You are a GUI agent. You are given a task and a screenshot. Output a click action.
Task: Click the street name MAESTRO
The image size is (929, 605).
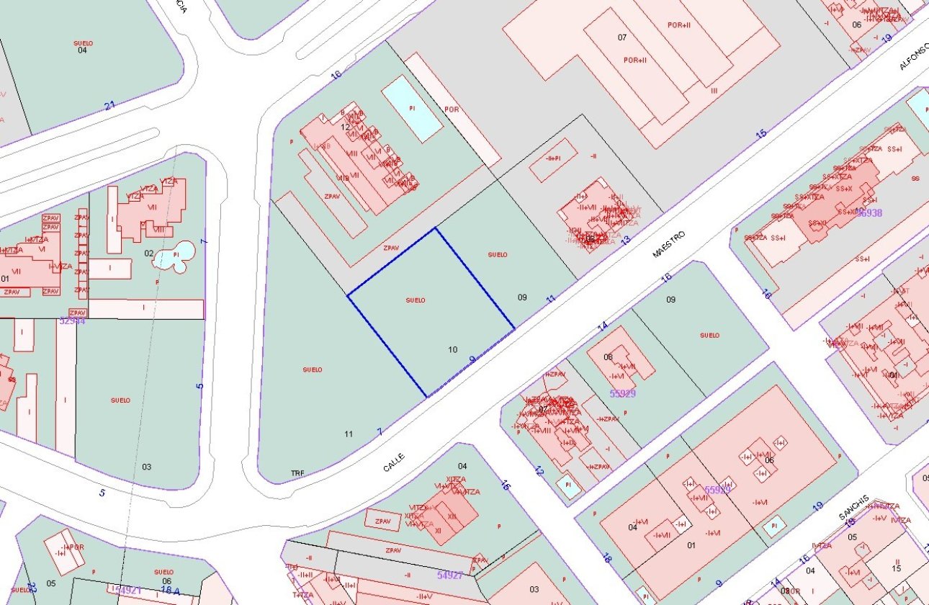click(x=668, y=245)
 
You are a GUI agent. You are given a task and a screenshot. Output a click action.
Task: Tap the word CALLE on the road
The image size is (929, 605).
click(x=393, y=462)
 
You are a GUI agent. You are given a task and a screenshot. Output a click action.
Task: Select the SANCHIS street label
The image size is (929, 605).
click(x=853, y=508)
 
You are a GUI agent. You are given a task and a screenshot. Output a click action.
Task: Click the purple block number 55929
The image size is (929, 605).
click(x=622, y=393)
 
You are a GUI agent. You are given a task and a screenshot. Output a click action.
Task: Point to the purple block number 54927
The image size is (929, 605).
click(x=451, y=575)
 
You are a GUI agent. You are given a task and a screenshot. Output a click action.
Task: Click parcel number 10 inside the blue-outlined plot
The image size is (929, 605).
click(x=452, y=350)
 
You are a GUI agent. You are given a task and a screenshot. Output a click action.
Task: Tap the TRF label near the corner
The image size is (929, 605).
click(x=297, y=473)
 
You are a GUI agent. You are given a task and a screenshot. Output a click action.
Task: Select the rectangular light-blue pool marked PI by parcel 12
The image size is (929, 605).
click(x=412, y=108)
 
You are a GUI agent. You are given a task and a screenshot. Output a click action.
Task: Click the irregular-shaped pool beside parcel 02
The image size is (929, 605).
click(x=176, y=255)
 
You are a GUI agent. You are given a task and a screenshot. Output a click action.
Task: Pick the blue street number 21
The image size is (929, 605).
click(x=109, y=106)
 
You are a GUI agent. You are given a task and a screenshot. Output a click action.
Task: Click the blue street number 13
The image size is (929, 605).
click(x=626, y=240)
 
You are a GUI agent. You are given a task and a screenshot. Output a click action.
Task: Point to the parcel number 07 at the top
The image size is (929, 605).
click(x=622, y=37)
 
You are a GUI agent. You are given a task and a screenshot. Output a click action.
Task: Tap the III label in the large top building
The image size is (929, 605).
click(x=714, y=91)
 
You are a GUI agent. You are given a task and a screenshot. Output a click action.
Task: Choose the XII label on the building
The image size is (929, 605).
click(x=452, y=516)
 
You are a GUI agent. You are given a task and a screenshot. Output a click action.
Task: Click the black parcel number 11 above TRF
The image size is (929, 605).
click(x=349, y=434)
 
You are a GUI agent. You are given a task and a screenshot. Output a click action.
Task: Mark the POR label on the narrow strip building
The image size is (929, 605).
click(x=452, y=109)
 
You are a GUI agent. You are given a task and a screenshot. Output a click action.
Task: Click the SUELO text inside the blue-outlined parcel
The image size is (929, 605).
click(x=416, y=300)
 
